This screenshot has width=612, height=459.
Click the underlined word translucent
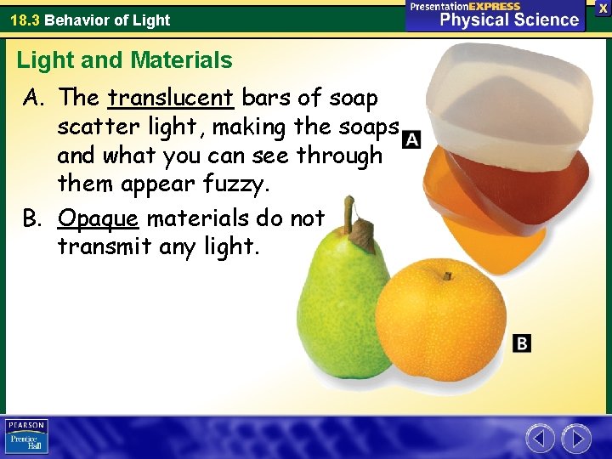tap(171, 98)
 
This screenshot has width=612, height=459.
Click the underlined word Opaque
tap(98, 218)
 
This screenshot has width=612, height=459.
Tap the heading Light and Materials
tap(124, 60)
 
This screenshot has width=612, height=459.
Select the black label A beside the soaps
tap(411, 139)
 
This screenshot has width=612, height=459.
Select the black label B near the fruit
tap(522, 343)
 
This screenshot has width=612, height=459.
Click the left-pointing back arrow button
tap(539, 438)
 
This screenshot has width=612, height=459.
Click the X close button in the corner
tap(603, 8)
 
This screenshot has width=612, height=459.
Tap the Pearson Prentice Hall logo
tap(26, 437)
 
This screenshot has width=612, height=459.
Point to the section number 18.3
tap(25, 20)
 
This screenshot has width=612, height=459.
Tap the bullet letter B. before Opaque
tap(33, 218)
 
